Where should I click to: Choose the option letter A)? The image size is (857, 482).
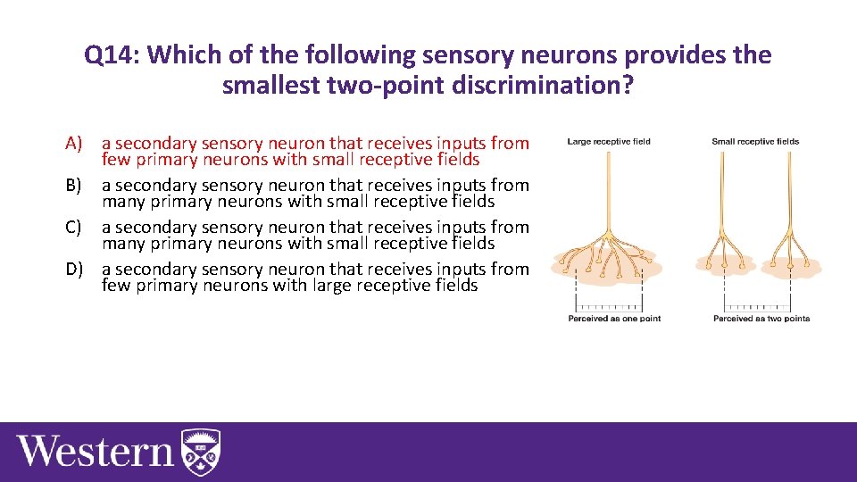74,143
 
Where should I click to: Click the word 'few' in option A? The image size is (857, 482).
114,160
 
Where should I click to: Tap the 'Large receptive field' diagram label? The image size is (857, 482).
609,141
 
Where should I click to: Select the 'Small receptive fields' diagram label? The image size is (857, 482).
755,141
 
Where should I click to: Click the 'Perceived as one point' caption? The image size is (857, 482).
614,319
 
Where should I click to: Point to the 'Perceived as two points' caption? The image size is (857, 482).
761,319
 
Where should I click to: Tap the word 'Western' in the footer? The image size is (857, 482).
95,451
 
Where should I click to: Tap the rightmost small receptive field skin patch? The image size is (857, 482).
791,265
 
